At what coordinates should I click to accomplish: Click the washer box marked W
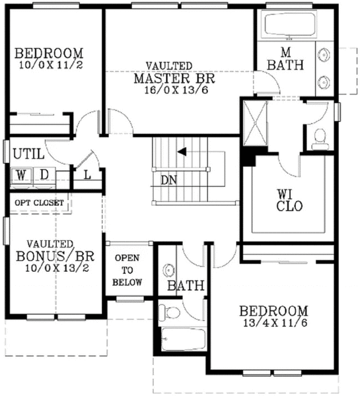22,175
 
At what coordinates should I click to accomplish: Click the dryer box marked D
43,175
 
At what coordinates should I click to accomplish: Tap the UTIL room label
28,154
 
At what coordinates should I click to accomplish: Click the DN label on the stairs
168,179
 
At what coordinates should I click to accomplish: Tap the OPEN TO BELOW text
127,270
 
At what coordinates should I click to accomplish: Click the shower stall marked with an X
254,123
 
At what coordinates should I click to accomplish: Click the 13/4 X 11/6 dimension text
273,323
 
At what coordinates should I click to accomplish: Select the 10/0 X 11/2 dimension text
49,65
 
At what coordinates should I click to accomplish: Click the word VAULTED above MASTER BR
170,66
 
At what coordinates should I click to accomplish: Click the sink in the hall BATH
168,271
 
